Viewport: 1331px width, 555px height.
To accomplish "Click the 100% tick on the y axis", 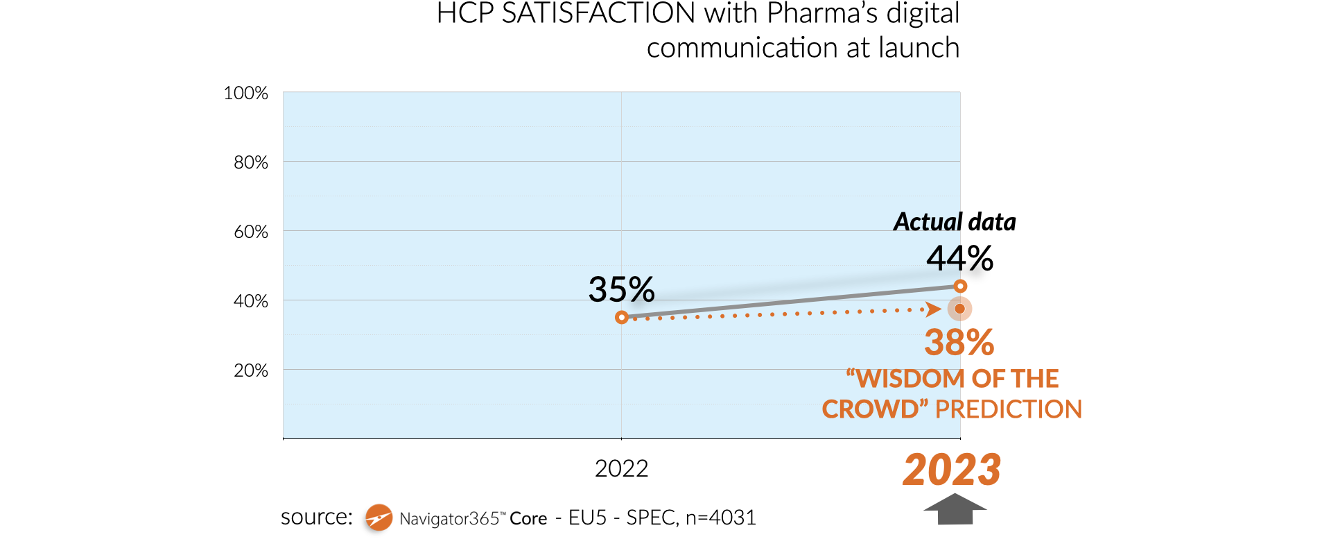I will (x=245, y=93).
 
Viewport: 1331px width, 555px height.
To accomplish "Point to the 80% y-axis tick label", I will (x=250, y=162).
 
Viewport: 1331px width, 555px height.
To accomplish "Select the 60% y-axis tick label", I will (x=250, y=232).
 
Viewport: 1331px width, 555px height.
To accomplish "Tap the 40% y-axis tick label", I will (x=250, y=301).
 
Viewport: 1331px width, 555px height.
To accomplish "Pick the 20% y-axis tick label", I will (x=250, y=370).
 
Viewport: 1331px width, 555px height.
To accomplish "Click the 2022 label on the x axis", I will (x=621, y=469).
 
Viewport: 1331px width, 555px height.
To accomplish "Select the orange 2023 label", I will (x=952, y=470).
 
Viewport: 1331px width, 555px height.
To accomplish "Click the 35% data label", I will (x=621, y=289).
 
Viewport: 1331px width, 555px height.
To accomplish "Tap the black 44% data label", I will (x=959, y=259).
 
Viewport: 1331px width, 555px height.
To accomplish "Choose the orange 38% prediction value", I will (x=959, y=342).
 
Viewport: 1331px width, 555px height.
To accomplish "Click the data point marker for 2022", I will (x=622, y=317).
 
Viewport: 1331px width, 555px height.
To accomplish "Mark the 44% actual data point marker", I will (x=960, y=286).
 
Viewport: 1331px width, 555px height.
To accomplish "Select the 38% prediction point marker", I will (x=959, y=309).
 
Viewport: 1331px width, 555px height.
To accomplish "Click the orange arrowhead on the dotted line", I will (x=934, y=309).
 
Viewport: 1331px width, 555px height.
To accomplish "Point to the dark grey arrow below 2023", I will (x=955, y=509).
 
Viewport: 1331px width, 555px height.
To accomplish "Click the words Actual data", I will (x=954, y=222).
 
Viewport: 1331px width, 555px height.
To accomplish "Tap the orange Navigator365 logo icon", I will (x=379, y=518).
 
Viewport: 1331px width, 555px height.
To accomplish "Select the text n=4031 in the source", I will (x=720, y=518).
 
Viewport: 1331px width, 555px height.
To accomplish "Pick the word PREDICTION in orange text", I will (x=1008, y=409).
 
